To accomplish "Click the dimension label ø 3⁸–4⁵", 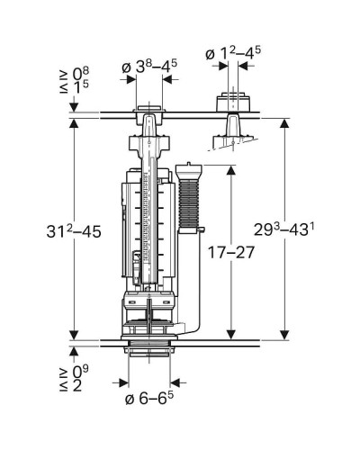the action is [149, 67].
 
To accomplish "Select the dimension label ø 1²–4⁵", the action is [233, 54].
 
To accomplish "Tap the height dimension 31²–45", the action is [74, 231].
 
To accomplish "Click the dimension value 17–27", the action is [231, 252].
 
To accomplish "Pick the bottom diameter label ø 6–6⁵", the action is [149, 398].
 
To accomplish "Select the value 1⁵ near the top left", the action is [81, 87].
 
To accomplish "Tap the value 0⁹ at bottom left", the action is [81, 372].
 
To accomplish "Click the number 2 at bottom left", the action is [77, 385].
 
